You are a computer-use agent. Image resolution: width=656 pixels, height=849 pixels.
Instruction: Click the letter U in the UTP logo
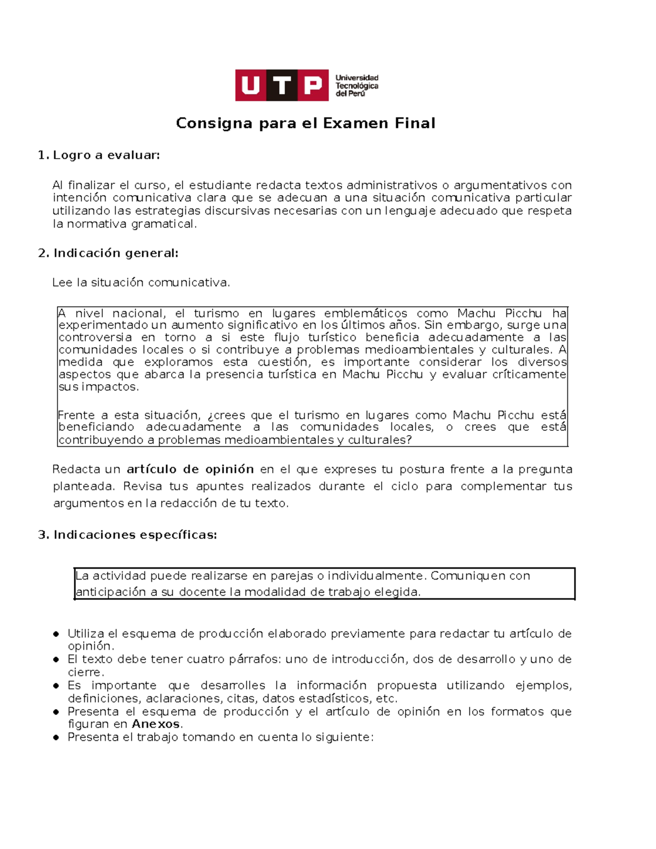[251, 85]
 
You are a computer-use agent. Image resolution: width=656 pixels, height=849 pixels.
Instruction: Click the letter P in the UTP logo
[313, 85]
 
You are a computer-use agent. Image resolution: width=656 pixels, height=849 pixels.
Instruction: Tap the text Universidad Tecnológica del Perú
[356, 86]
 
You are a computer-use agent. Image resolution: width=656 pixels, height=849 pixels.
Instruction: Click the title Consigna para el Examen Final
[306, 123]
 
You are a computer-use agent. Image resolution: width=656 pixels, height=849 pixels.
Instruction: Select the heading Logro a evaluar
[106, 155]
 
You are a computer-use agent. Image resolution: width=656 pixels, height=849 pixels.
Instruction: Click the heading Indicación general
[115, 253]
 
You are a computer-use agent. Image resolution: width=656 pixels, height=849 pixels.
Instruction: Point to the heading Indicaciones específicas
[134, 535]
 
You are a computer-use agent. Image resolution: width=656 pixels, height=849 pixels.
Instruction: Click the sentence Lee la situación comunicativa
[141, 283]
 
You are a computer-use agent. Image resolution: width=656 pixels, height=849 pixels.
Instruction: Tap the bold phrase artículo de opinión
[190, 469]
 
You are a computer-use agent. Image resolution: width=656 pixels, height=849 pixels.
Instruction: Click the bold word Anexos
[156, 724]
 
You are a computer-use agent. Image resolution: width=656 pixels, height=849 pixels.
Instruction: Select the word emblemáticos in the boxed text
[365, 313]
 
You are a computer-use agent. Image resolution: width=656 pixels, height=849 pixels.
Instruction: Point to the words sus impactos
[98, 387]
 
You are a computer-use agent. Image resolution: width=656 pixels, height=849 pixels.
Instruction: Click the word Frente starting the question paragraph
[75, 415]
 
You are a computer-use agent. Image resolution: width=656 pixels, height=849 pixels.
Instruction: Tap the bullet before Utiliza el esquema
[56, 634]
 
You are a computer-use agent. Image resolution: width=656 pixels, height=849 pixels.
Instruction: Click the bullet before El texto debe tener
[56, 659]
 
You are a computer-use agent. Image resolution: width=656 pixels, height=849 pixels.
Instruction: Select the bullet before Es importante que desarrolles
[56, 686]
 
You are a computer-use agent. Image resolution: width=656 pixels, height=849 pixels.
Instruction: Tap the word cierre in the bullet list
[85, 672]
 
